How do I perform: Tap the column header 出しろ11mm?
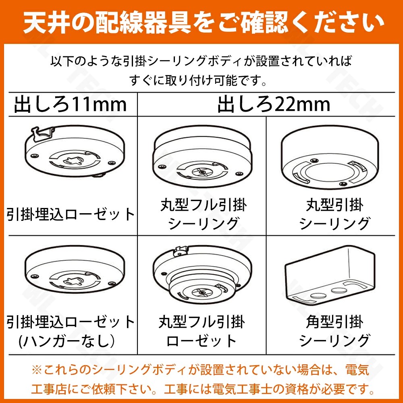(71, 104)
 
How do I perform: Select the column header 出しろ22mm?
(274, 104)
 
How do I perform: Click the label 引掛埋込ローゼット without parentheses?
(71, 214)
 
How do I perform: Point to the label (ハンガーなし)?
(67, 341)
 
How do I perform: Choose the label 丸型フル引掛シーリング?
(203, 214)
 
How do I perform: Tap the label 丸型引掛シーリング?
(334, 214)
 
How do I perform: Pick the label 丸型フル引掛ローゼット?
(202, 331)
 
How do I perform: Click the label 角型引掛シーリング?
(334, 331)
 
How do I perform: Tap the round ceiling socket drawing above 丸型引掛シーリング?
(330, 157)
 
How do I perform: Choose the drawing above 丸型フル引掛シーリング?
(203, 157)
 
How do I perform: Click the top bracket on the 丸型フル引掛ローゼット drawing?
(181, 251)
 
